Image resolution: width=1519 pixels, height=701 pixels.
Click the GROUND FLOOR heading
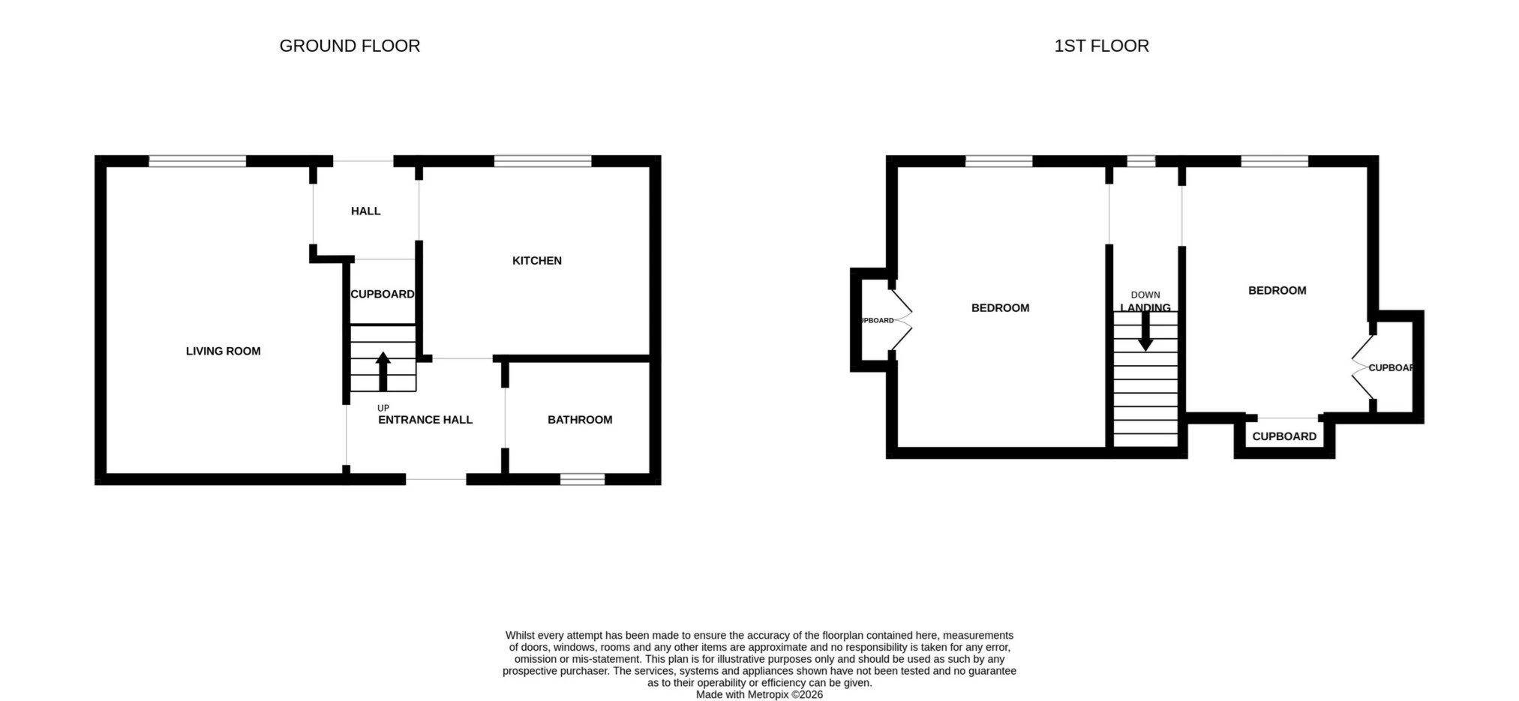click(350, 46)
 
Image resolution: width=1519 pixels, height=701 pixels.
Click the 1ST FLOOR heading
click(1101, 46)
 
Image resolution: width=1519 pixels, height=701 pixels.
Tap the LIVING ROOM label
click(223, 351)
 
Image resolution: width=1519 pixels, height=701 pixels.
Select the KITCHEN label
click(536, 261)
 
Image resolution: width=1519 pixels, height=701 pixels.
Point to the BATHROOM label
click(580, 420)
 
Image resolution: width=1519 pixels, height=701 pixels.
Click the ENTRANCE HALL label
click(425, 420)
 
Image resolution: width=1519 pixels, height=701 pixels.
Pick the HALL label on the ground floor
click(365, 211)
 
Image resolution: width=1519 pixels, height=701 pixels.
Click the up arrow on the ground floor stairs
click(383, 370)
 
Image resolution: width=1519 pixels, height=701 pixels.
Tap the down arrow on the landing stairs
click(1145, 331)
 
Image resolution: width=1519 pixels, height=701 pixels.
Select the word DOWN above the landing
click(1145, 295)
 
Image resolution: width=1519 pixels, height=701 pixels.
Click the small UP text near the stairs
click(383, 408)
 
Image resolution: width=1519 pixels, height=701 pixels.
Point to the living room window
click(197, 160)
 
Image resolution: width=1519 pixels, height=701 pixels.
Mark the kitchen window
click(542, 160)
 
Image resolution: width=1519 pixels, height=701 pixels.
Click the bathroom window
click(582, 479)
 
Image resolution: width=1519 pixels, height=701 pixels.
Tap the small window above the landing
click(1141, 160)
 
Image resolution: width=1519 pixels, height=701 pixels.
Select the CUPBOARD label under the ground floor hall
click(383, 294)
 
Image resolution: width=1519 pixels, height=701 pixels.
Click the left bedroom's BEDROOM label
click(1000, 308)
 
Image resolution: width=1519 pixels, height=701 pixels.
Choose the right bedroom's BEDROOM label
click(1277, 291)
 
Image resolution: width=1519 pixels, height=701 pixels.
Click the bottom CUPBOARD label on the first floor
click(1284, 436)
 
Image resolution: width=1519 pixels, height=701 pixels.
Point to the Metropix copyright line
click(759, 695)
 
